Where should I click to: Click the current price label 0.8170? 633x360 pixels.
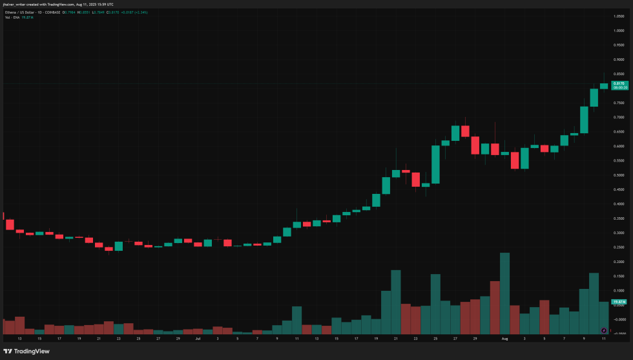point(618,83)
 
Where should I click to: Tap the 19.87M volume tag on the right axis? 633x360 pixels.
point(618,302)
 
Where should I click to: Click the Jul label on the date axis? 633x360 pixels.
point(198,338)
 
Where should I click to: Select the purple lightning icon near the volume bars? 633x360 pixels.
point(603,330)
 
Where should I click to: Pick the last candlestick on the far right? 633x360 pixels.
point(604,85)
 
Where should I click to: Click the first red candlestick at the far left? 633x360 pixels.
point(9,225)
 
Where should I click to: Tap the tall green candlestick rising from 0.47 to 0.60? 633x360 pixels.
point(435,164)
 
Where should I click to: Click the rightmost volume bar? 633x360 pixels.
point(604,317)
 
